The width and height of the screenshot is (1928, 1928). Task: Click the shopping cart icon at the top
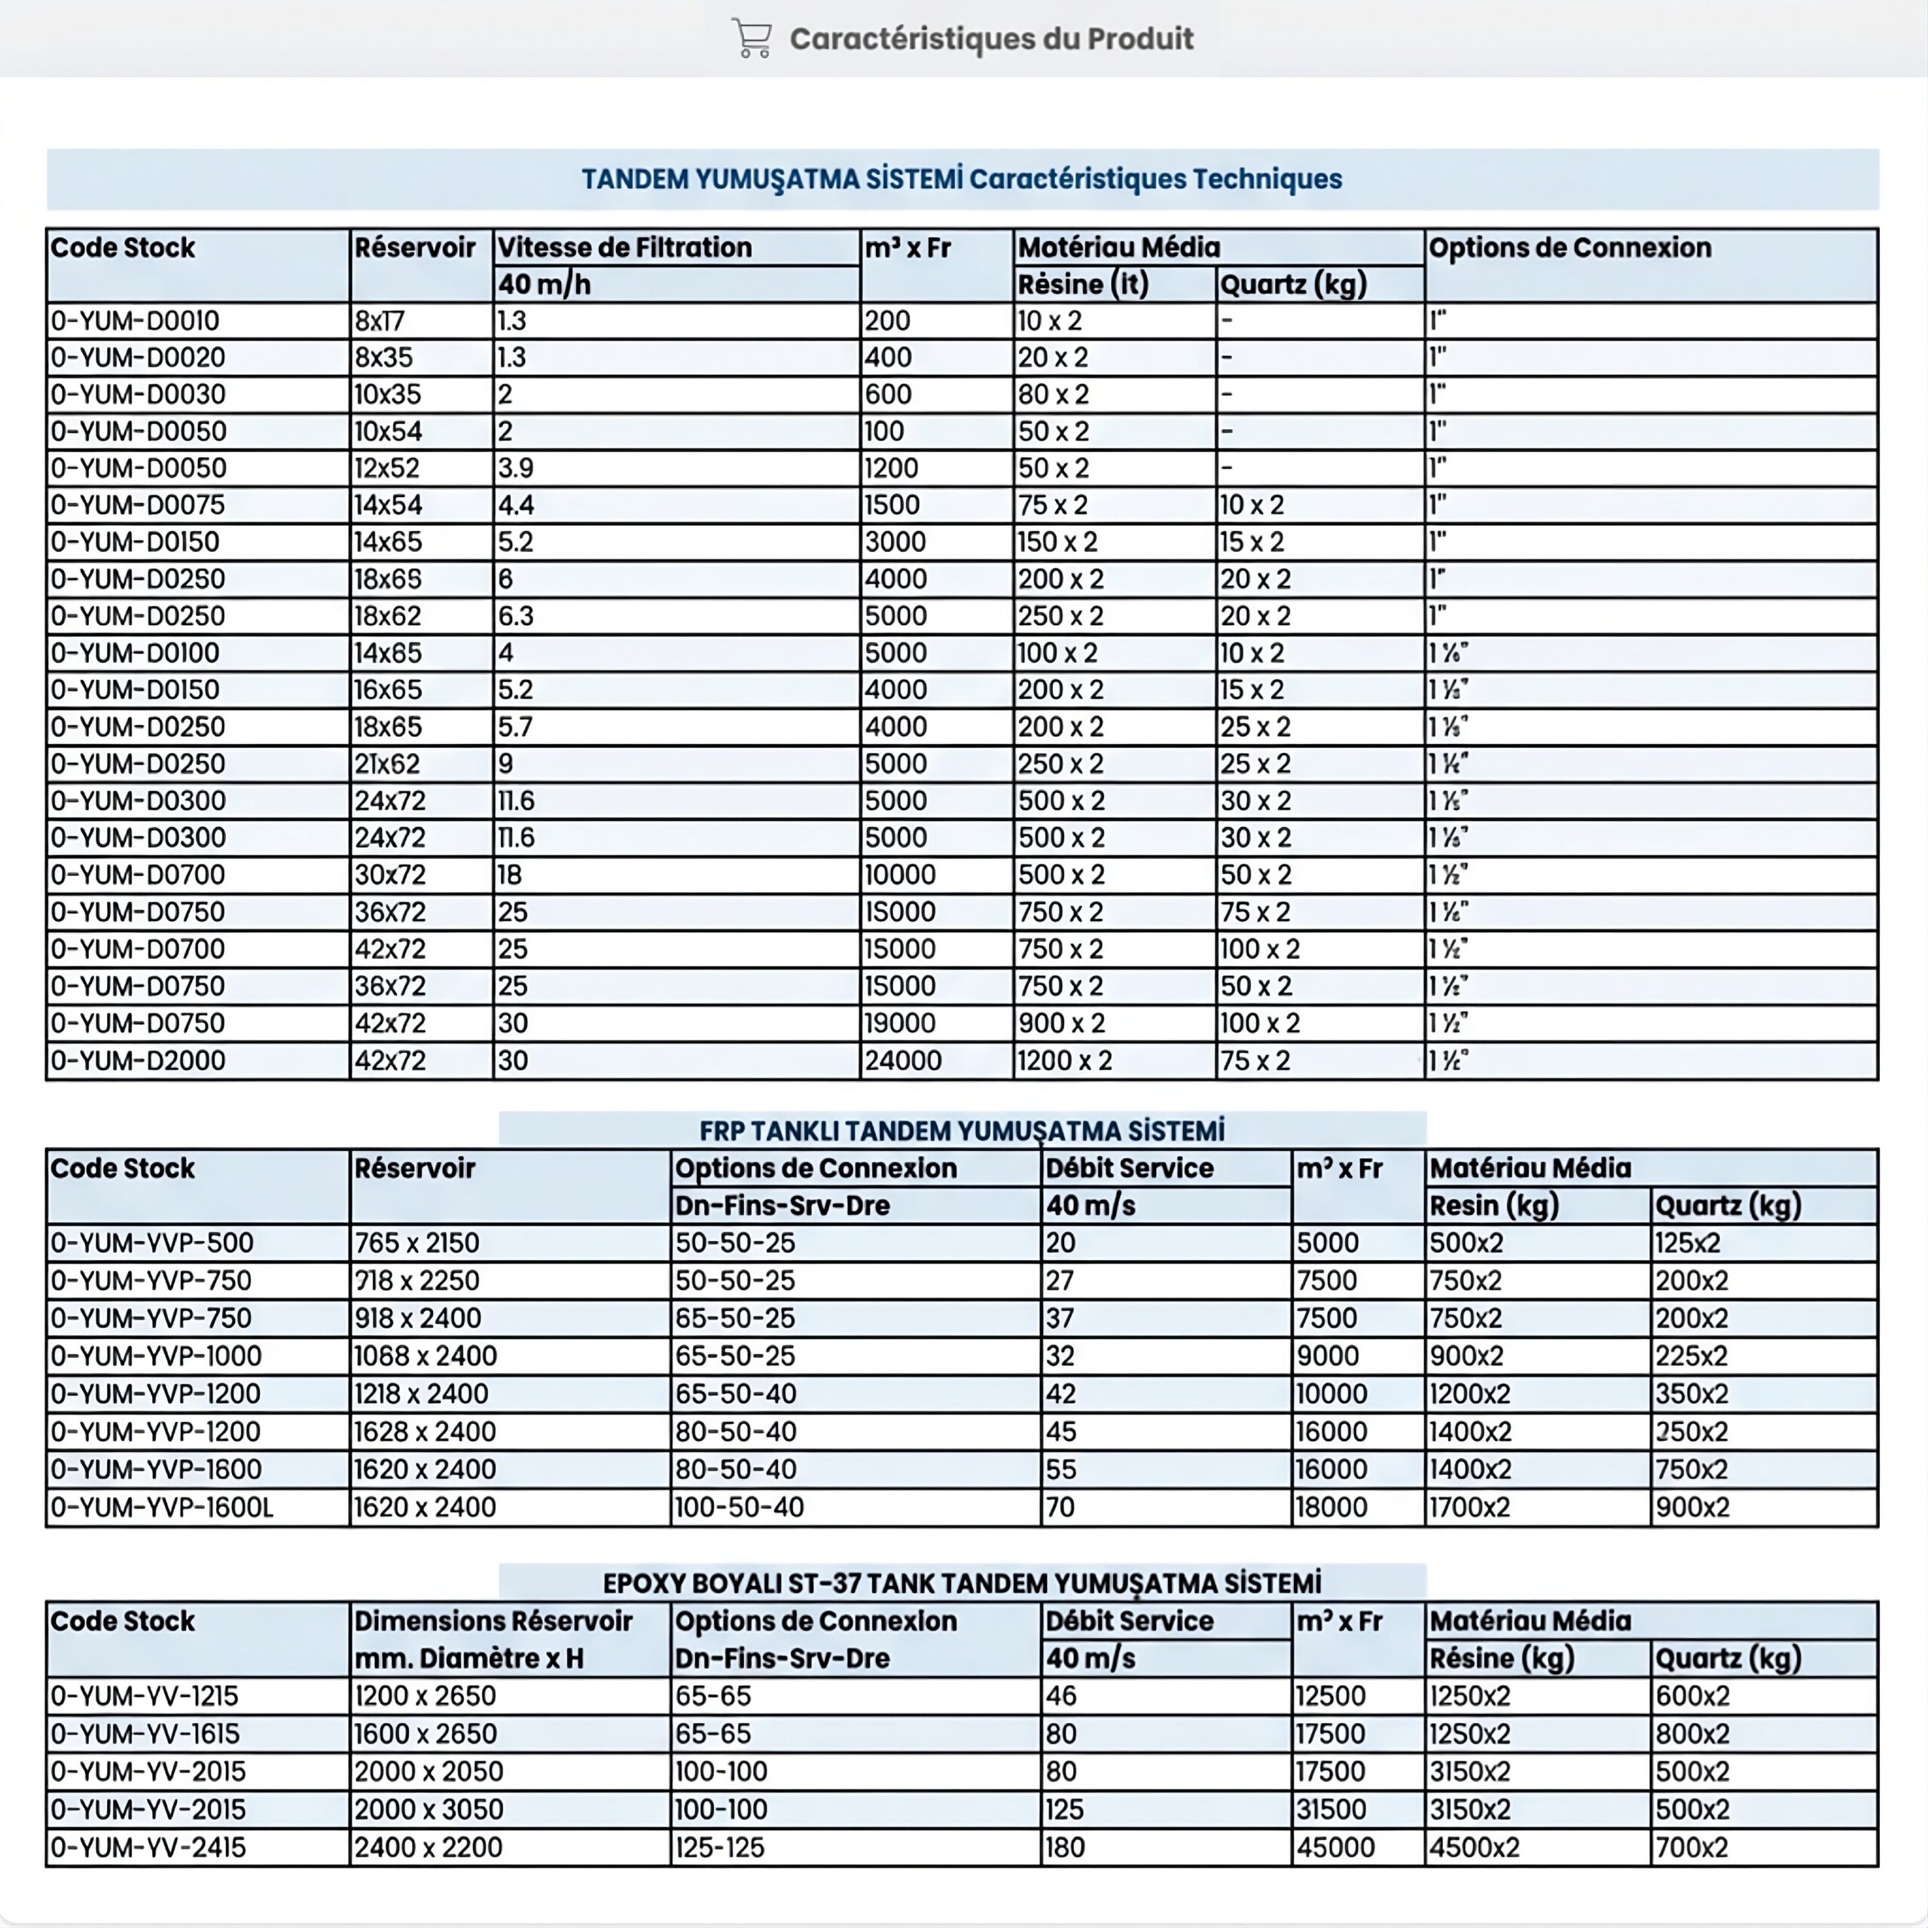click(752, 39)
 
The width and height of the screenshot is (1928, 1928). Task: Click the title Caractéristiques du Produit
click(991, 39)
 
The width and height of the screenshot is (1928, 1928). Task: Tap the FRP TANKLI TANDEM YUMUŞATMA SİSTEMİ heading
click(962, 1130)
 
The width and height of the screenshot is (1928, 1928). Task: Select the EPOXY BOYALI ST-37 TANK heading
click(962, 1584)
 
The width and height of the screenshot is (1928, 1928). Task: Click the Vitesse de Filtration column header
click(624, 248)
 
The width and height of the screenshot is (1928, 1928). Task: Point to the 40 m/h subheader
click(545, 285)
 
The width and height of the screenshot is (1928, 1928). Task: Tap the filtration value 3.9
click(516, 468)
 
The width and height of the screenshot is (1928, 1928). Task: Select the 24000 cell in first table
click(903, 1060)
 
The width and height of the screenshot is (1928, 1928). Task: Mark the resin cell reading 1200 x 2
click(1065, 1060)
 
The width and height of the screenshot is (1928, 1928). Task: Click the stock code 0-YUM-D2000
click(138, 1060)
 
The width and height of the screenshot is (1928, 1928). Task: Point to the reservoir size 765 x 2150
click(417, 1243)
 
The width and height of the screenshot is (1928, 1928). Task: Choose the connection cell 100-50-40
click(740, 1507)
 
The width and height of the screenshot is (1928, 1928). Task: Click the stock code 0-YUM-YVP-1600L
click(162, 1507)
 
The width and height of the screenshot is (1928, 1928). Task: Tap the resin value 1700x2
click(1470, 1507)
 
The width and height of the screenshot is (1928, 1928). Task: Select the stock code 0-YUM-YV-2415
click(148, 1847)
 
